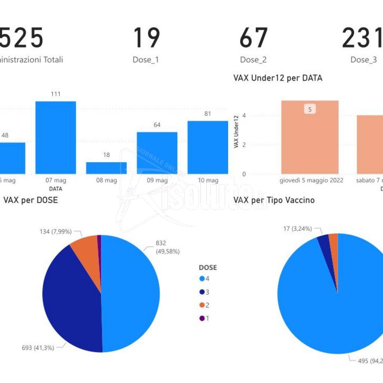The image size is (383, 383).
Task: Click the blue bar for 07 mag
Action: tap(56, 137)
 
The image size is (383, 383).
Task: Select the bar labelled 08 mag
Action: tap(106, 168)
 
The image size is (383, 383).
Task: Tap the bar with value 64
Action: tap(157, 153)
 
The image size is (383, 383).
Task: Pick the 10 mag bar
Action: tap(208, 147)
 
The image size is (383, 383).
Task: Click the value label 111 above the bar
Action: tap(56, 94)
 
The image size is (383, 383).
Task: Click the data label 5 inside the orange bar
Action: tap(310, 109)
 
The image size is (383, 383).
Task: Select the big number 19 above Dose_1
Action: tap(146, 38)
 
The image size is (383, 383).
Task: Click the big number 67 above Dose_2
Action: tap(253, 38)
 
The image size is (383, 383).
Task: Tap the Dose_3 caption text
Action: tap(364, 60)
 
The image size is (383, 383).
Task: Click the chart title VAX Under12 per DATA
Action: tap(278, 78)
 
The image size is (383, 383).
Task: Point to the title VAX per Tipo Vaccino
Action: tap(274, 200)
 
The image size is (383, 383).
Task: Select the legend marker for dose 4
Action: tap(202, 279)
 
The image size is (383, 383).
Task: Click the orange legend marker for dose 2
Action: tap(202, 305)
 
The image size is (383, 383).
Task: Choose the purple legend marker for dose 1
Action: tap(202, 318)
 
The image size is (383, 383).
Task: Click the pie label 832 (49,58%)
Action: tap(167, 248)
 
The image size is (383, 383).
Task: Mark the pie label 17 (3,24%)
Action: tap(297, 229)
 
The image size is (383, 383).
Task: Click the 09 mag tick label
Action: tap(157, 180)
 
